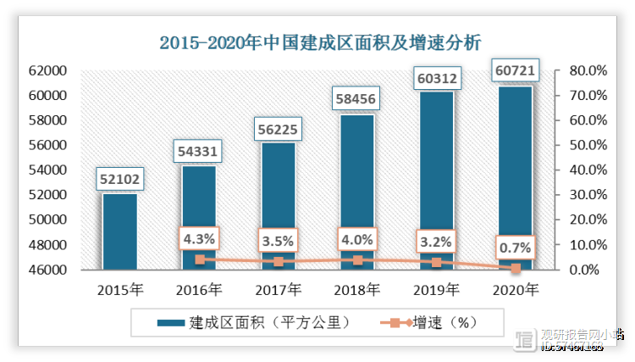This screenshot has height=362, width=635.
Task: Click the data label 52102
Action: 119,179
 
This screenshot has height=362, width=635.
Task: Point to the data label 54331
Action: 199,151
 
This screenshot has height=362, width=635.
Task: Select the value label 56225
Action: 278,129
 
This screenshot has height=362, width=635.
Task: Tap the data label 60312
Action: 436,79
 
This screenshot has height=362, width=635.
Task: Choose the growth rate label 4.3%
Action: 199,239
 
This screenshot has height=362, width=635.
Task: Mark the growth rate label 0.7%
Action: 516,248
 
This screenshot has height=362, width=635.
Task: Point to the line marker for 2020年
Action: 516,268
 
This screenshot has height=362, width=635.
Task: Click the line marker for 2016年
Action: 199,259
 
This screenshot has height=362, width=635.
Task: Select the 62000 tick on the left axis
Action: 49,70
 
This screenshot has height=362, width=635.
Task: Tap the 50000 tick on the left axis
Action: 49,220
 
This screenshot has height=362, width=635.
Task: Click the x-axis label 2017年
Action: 278,290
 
